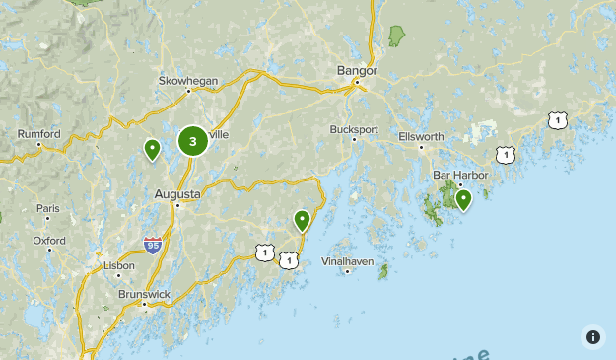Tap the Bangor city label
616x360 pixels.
(x=357, y=71)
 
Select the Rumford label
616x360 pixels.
(x=38, y=134)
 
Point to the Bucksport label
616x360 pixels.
(x=354, y=129)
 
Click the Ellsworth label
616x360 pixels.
(x=422, y=136)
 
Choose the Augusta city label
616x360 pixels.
(x=177, y=194)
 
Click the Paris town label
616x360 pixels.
(x=48, y=208)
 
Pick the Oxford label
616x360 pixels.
(x=49, y=240)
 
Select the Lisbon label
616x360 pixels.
(x=119, y=265)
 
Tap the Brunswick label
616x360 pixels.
(x=144, y=293)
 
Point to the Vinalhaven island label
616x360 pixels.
(x=346, y=261)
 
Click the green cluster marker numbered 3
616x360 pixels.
(x=192, y=141)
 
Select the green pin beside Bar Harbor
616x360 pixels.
(x=462, y=200)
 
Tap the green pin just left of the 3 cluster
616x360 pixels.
(x=152, y=150)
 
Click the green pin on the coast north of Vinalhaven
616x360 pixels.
(x=302, y=220)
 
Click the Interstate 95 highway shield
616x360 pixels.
(x=152, y=244)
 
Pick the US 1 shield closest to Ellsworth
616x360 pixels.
(x=506, y=155)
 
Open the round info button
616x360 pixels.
(x=592, y=336)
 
